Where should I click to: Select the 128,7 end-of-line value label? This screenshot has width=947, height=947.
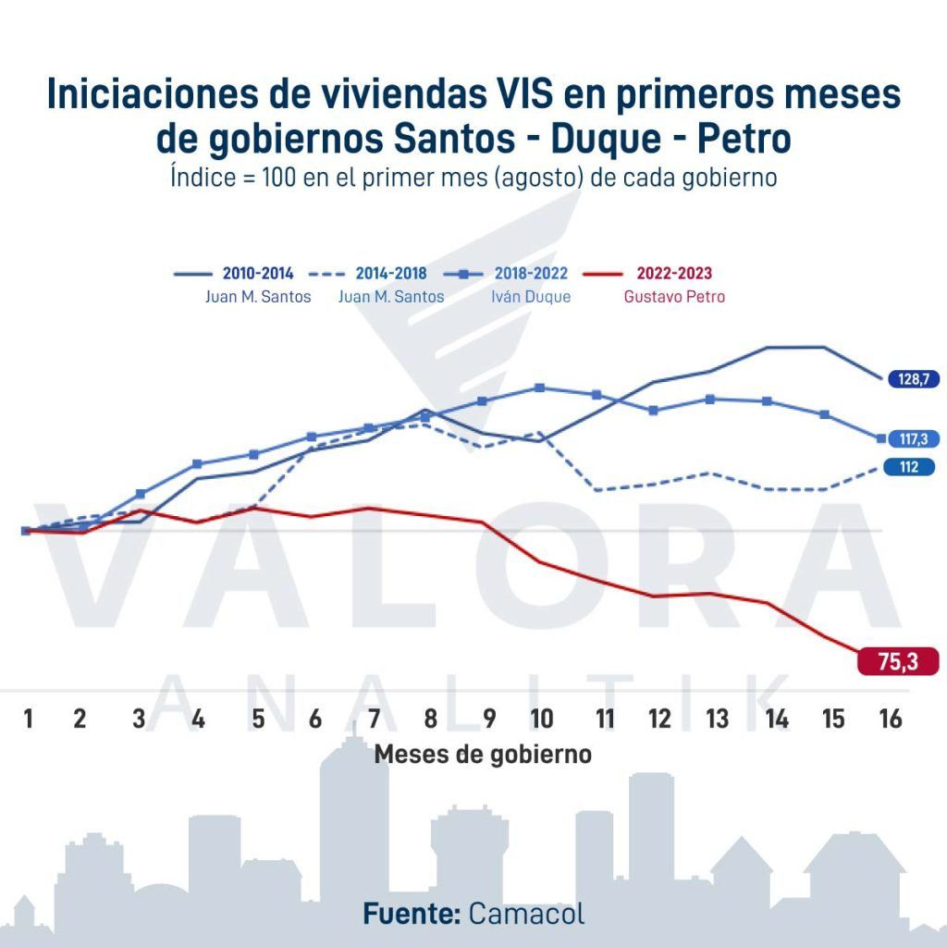coord(911,378)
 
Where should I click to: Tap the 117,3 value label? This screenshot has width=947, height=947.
coord(912,439)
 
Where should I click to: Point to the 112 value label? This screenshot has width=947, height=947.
coord(909,468)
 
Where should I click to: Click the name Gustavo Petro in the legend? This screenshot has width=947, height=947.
coord(674,297)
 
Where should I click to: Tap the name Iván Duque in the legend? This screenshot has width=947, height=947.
coord(531,297)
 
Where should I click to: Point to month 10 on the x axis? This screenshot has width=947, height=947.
coord(542,719)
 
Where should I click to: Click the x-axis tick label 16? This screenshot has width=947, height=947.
coord(890,719)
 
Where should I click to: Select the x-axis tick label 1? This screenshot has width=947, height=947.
coord(29,719)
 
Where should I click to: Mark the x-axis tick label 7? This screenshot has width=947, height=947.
coord(374,719)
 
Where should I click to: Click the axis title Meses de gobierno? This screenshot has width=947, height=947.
coord(482,754)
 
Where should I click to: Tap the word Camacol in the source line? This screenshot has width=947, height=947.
coord(526,914)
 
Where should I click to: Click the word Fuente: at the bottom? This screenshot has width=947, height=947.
coord(412,914)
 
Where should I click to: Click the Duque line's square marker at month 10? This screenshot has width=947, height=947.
coord(540,387)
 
